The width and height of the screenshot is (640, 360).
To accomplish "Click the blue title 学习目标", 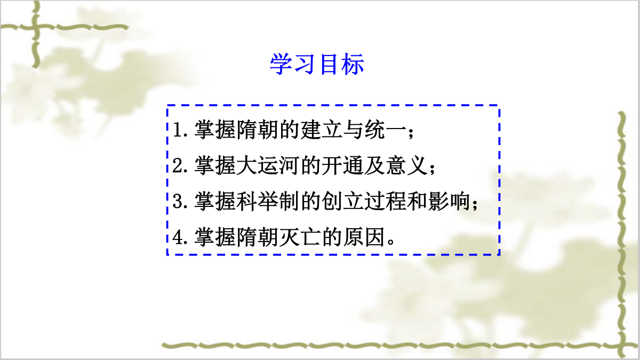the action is (x=317, y=64).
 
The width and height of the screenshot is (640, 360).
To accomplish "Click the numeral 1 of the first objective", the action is (x=178, y=130).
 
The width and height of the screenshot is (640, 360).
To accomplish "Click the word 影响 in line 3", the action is (x=449, y=202).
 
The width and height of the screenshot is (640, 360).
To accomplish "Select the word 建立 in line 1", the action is (x=322, y=130).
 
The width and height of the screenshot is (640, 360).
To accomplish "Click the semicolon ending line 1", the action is (x=411, y=133).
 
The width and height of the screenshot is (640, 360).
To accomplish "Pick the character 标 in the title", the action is (x=353, y=64).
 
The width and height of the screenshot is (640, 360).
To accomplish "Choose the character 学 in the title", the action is (x=281, y=64).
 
